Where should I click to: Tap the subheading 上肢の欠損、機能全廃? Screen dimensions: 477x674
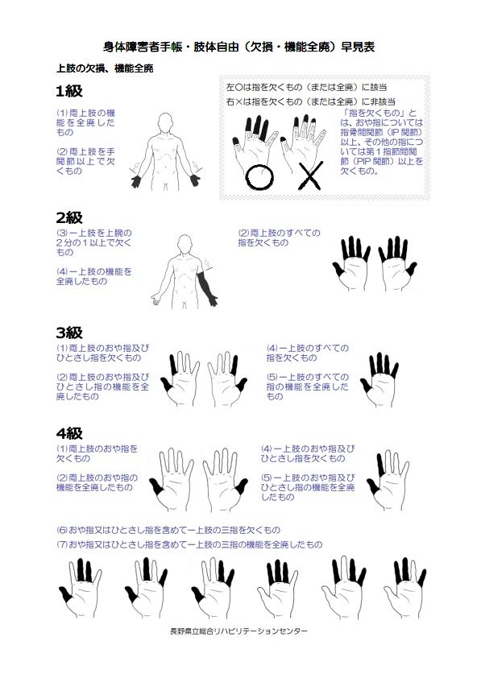point(105,68)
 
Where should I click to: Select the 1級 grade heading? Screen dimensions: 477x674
point(68,91)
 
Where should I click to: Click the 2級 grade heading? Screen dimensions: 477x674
point(68,217)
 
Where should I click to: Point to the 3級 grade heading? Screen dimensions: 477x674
point(68,333)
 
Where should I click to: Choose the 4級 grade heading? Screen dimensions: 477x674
point(68,433)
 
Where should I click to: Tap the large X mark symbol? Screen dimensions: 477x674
point(310,176)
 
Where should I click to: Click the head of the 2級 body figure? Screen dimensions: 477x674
point(185,243)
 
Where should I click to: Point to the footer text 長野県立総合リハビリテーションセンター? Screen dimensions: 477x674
point(238,631)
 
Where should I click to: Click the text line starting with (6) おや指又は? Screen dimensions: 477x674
point(168,530)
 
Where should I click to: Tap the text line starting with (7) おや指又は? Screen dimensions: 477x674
point(189,544)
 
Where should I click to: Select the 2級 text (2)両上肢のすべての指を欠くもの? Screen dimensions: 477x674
point(279,238)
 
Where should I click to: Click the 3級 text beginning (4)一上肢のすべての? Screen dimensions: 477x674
point(308,353)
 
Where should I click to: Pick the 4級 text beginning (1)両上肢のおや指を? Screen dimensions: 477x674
point(97,453)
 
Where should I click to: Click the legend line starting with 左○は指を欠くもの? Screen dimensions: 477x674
point(307,87)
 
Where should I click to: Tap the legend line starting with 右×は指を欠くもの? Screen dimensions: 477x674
point(311,102)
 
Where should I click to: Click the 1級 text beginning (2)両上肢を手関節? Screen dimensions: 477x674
point(85,161)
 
